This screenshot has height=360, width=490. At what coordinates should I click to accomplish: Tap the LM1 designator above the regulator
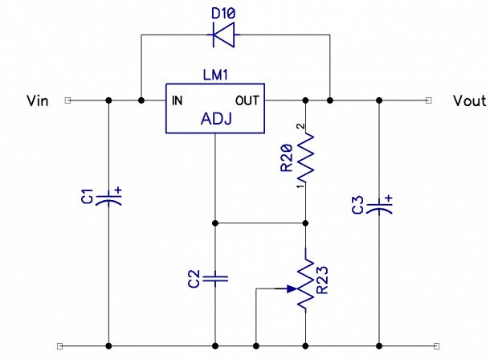tap(215, 75)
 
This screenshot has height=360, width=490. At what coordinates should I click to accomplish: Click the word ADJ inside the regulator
tap(215, 120)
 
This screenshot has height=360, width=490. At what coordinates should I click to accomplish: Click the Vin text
tap(38, 100)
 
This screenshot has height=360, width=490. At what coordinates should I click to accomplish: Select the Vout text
tap(469, 100)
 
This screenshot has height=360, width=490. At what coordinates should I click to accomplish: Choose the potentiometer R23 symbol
tap(306, 284)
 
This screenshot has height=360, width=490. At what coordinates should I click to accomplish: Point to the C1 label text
tap(89, 197)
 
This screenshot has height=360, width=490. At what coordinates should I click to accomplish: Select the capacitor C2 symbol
tap(215, 279)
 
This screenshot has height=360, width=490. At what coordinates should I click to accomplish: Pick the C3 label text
tap(359, 204)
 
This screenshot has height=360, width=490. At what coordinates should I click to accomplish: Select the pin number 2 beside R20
tap(300, 127)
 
